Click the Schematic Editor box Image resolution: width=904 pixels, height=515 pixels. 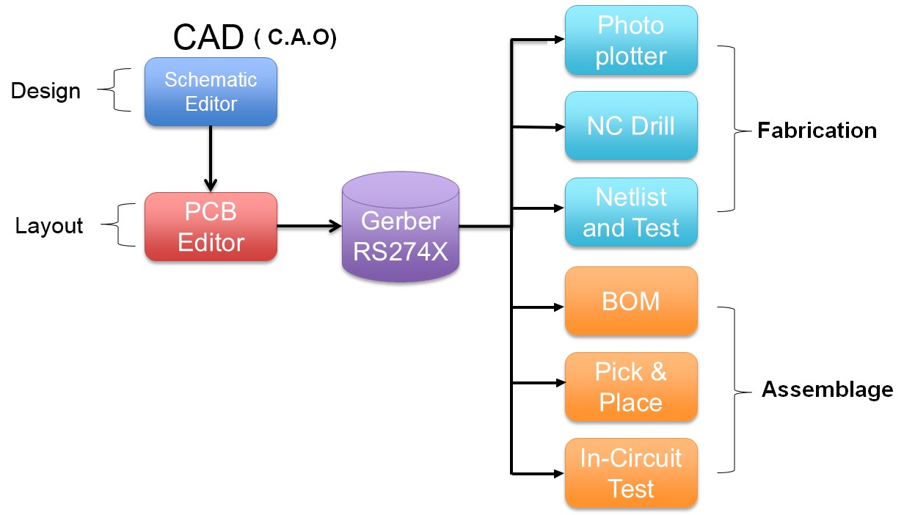point(211,92)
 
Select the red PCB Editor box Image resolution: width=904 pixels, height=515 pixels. point(211,227)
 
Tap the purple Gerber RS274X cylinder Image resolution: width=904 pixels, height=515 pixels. point(401,227)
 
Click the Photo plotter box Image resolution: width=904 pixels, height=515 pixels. point(631,40)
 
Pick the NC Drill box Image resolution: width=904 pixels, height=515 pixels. point(631,125)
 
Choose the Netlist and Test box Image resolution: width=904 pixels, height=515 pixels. point(631,212)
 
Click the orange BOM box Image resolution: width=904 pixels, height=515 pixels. point(631,301)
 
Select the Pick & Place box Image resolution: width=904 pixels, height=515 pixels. point(631,387)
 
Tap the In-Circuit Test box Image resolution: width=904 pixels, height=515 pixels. point(631,472)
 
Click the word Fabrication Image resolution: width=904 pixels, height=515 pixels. point(817,131)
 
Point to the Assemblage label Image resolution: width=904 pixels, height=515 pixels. point(828,390)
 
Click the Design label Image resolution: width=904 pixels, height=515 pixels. point(45,91)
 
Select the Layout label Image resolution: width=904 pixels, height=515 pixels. point(49,226)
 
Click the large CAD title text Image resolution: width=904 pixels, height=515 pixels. point(208,37)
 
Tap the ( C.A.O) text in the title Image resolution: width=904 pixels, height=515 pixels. point(296,38)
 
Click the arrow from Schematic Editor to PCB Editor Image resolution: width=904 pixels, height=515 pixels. point(211,159)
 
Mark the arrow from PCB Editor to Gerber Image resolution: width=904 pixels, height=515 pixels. point(310,226)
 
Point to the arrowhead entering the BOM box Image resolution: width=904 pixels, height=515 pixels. point(558,307)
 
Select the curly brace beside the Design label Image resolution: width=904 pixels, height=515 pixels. point(114,90)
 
